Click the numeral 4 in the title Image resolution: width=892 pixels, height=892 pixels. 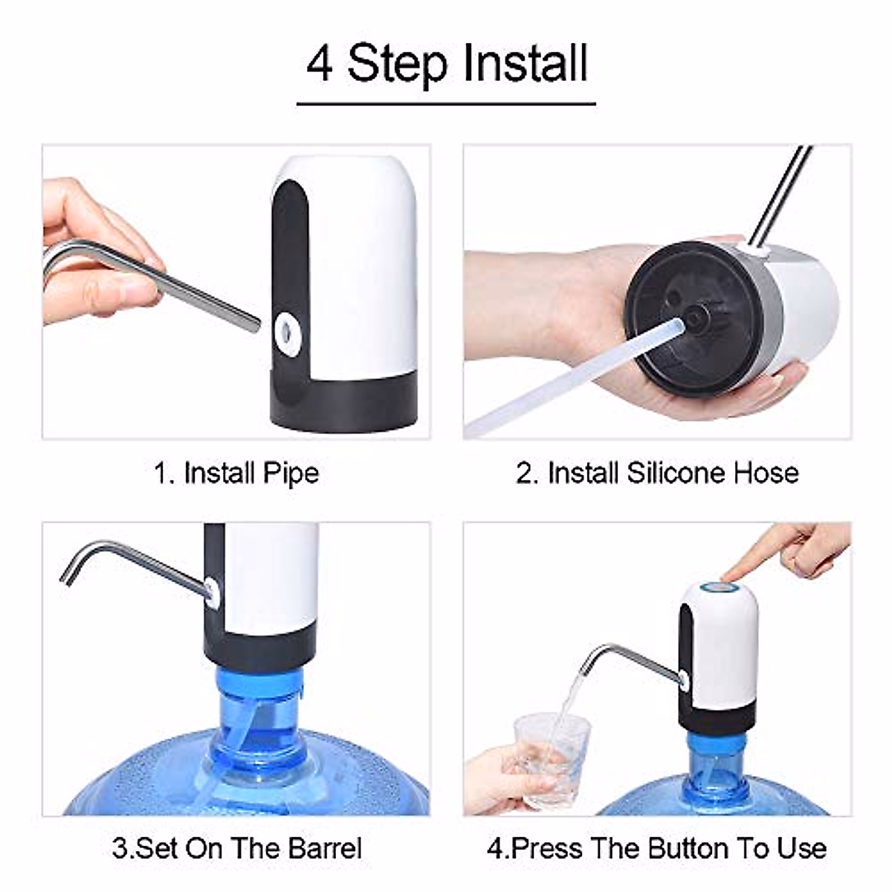click(x=320, y=64)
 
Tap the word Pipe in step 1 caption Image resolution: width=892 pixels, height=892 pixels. click(x=291, y=474)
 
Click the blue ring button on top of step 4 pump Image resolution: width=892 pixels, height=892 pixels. click(x=719, y=589)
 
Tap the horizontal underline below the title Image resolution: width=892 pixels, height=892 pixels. click(x=446, y=103)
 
